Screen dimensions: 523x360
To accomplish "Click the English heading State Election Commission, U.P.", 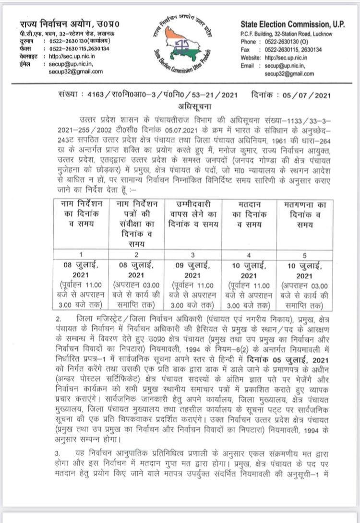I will (292, 25).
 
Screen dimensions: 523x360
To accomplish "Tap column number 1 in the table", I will (81, 255).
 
